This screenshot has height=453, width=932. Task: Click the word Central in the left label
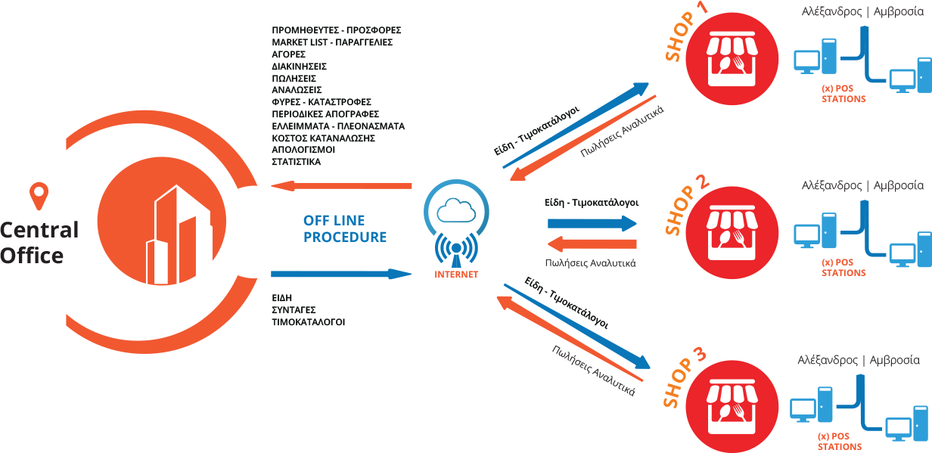click(39, 230)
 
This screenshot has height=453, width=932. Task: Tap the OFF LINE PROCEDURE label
click(345, 228)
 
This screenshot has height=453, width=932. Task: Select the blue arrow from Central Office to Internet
click(340, 273)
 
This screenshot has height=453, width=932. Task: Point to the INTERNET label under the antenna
click(456, 275)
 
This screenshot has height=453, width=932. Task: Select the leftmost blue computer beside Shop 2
click(806, 234)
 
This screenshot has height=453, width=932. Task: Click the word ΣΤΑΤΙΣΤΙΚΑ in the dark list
click(296, 162)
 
